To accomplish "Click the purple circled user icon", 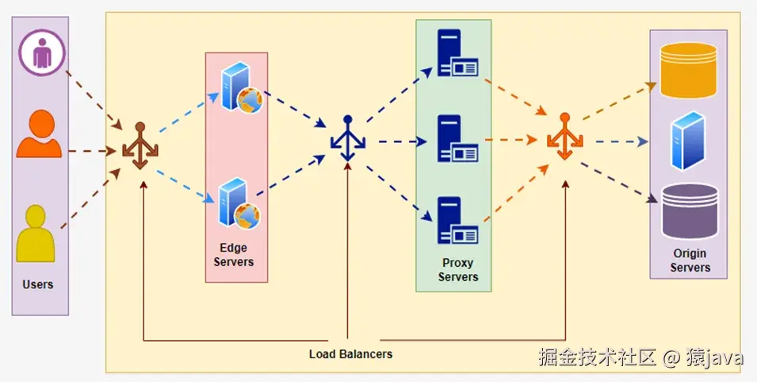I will click(40, 53).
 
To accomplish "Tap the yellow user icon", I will click(37, 233).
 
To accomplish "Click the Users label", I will click(39, 284).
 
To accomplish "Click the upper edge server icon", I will click(240, 89).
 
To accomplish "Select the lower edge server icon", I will click(239, 203).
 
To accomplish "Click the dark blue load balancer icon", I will click(347, 139).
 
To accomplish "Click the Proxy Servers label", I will click(457, 269).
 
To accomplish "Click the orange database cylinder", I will click(689, 71).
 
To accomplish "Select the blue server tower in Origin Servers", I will click(687, 141).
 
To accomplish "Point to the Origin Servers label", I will click(690, 260).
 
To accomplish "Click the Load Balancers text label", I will click(350, 353).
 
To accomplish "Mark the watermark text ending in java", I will click(640, 358).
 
